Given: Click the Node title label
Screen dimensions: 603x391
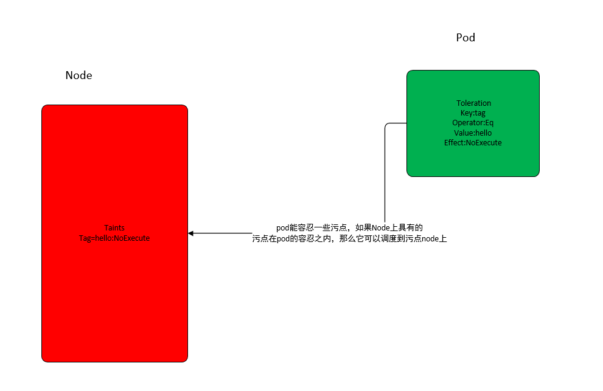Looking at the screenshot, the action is (78, 75).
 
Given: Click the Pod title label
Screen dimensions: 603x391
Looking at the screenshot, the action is (465, 38).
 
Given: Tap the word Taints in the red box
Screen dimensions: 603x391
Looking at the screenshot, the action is (114, 228).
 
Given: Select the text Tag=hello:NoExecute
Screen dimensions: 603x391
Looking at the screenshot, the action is (114, 238).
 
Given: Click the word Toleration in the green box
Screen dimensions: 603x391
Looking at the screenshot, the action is (473, 103).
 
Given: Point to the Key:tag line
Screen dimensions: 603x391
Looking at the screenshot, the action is (473, 113).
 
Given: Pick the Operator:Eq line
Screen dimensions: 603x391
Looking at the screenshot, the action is (473, 123).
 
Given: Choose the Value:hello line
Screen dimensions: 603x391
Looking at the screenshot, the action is (473, 133).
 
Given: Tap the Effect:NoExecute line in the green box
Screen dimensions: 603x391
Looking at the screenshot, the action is (473, 143).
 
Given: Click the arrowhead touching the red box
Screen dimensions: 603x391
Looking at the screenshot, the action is (190, 234).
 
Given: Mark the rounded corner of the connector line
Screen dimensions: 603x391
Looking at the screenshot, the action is (386, 125).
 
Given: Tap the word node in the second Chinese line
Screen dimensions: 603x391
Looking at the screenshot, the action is (430, 239).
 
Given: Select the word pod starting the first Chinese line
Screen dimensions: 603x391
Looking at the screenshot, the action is (283, 228).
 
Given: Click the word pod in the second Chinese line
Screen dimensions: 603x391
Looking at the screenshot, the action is (284, 239).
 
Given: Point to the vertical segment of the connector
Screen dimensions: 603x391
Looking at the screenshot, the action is (385, 174).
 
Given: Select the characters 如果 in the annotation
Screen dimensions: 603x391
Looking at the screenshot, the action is (363, 228).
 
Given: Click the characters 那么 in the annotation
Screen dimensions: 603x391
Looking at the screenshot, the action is (347, 239).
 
